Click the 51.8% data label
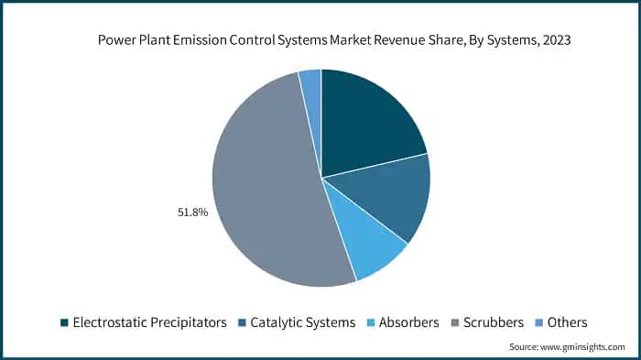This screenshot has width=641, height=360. (192, 213)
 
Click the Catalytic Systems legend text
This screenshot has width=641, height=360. (304, 322)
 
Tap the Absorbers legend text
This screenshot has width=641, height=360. (408, 322)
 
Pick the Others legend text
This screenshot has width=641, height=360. (568, 322)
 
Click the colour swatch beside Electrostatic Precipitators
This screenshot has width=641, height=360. (64, 322)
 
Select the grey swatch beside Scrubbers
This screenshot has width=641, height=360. (456, 322)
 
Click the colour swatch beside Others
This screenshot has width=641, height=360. (540, 322)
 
